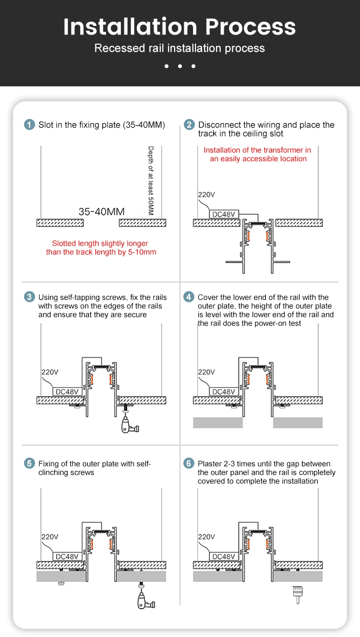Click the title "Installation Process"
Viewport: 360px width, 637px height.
[180, 27]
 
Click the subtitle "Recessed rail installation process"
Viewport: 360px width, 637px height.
[180, 48]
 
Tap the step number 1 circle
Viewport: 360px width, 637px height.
[30, 125]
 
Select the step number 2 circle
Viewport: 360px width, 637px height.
[189, 125]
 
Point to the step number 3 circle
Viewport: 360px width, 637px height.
[30, 297]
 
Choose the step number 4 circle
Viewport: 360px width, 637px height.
[189, 297]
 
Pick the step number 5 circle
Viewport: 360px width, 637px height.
[30, 463]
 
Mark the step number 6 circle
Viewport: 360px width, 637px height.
[189, 463]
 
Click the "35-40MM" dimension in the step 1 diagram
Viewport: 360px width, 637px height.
[101, 212]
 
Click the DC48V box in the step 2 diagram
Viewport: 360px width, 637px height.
[223, 214]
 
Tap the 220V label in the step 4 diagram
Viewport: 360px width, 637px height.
[206, 372]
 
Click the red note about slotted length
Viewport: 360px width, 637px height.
[101, 248]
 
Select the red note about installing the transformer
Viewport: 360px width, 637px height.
[258, 154]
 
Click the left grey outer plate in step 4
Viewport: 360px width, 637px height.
[217, 423]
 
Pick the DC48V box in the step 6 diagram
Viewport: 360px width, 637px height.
[223, 556]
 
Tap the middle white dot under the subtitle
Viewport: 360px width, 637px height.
[180, 66]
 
